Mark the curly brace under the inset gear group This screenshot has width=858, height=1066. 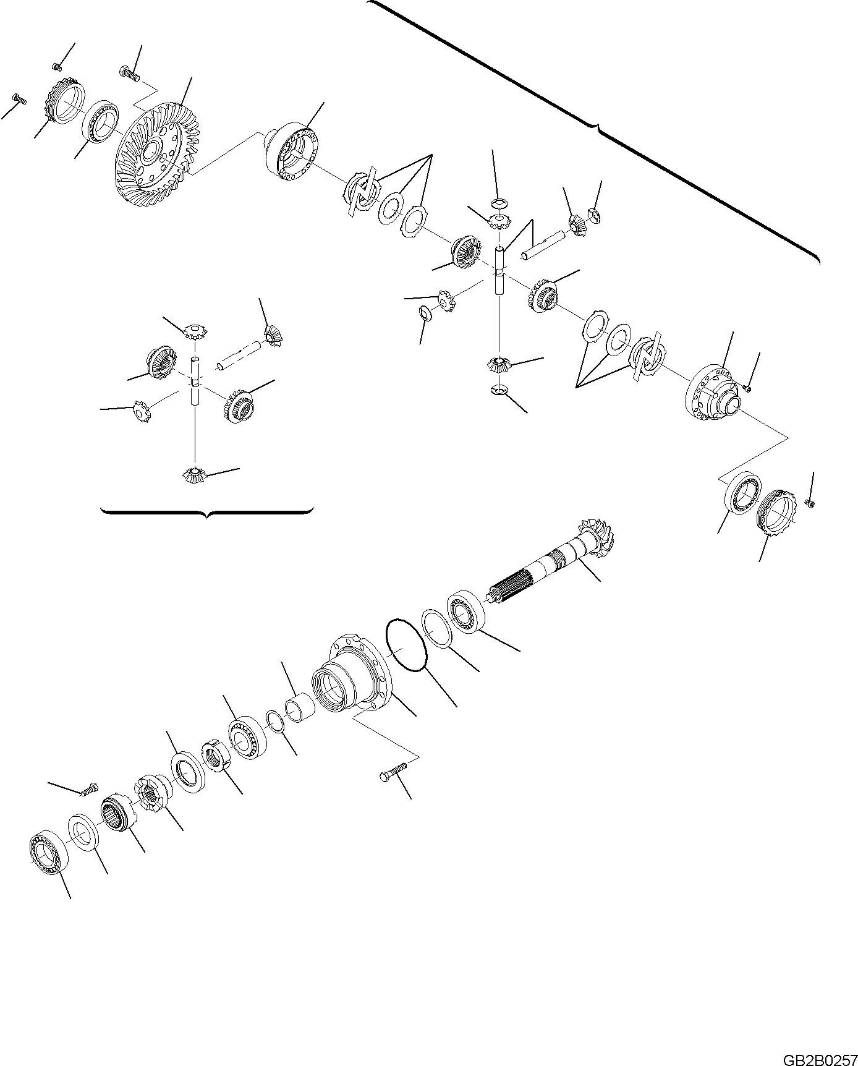[206, 512]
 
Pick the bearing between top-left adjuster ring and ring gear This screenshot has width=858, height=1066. [101, 121]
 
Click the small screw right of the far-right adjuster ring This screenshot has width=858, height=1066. [810, 504]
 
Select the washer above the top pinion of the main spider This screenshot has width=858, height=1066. [499, 203]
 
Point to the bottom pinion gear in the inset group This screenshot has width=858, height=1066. [195, 475]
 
